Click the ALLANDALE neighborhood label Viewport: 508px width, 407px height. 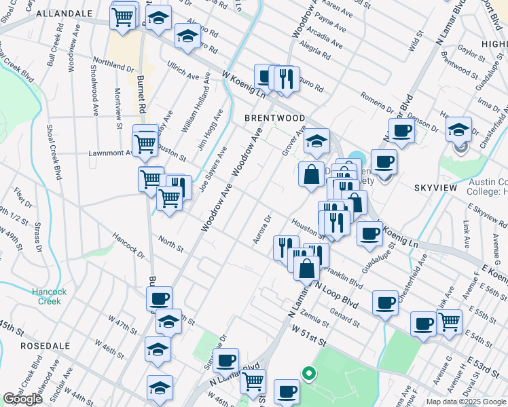click(x=64, y=13)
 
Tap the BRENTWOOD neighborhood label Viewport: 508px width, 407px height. click(x=275, y=118)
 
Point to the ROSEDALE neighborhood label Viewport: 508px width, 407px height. click(x=46, y=345)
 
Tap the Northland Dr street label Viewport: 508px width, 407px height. click(x=113, y=63)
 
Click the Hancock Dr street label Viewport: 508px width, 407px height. click(x=128, y=246)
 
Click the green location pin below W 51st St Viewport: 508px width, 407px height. click(x=308, y=373)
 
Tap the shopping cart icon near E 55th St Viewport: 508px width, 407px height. click(x=449, y=321)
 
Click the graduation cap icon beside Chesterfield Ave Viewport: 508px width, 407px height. click(x=459, y=129)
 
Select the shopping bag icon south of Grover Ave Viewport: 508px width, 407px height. click(x=311, y=174)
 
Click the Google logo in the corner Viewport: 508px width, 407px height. click(x=22, y=399)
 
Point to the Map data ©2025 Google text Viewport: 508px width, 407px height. click(x=466, y=402)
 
